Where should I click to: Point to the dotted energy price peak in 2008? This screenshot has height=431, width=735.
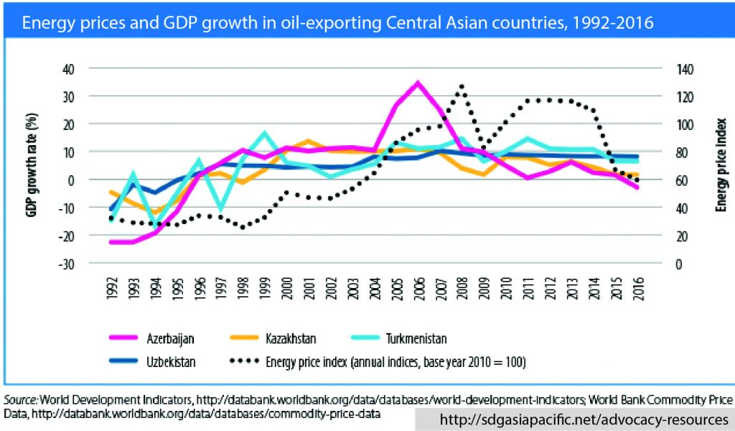(x=462, y=85)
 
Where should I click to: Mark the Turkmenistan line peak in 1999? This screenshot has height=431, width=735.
(x=265, y=133)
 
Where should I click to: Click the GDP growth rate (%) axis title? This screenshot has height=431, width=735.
(x=33, y=166)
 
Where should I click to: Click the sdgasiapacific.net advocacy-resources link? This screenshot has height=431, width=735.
(x=574, y=419)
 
